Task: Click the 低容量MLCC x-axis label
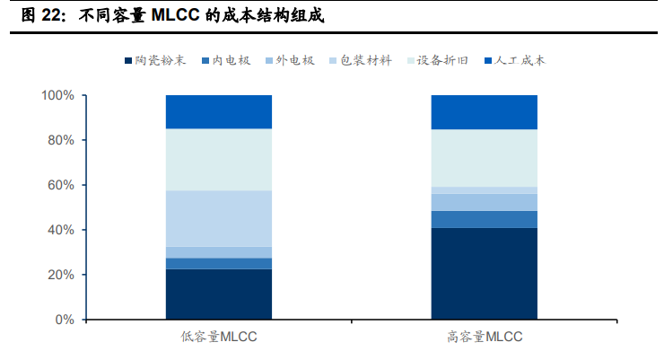coord(219,338)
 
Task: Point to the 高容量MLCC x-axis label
coord(485,338)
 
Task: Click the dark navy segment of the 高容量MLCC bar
coord(485,274)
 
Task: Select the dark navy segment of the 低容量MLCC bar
coord(219,294)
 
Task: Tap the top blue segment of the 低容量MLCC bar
coord(219,112)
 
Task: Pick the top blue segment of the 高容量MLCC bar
coord(485,112)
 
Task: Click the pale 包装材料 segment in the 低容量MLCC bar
coord(219,218)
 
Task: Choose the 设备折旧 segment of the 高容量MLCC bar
coord(485,158)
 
